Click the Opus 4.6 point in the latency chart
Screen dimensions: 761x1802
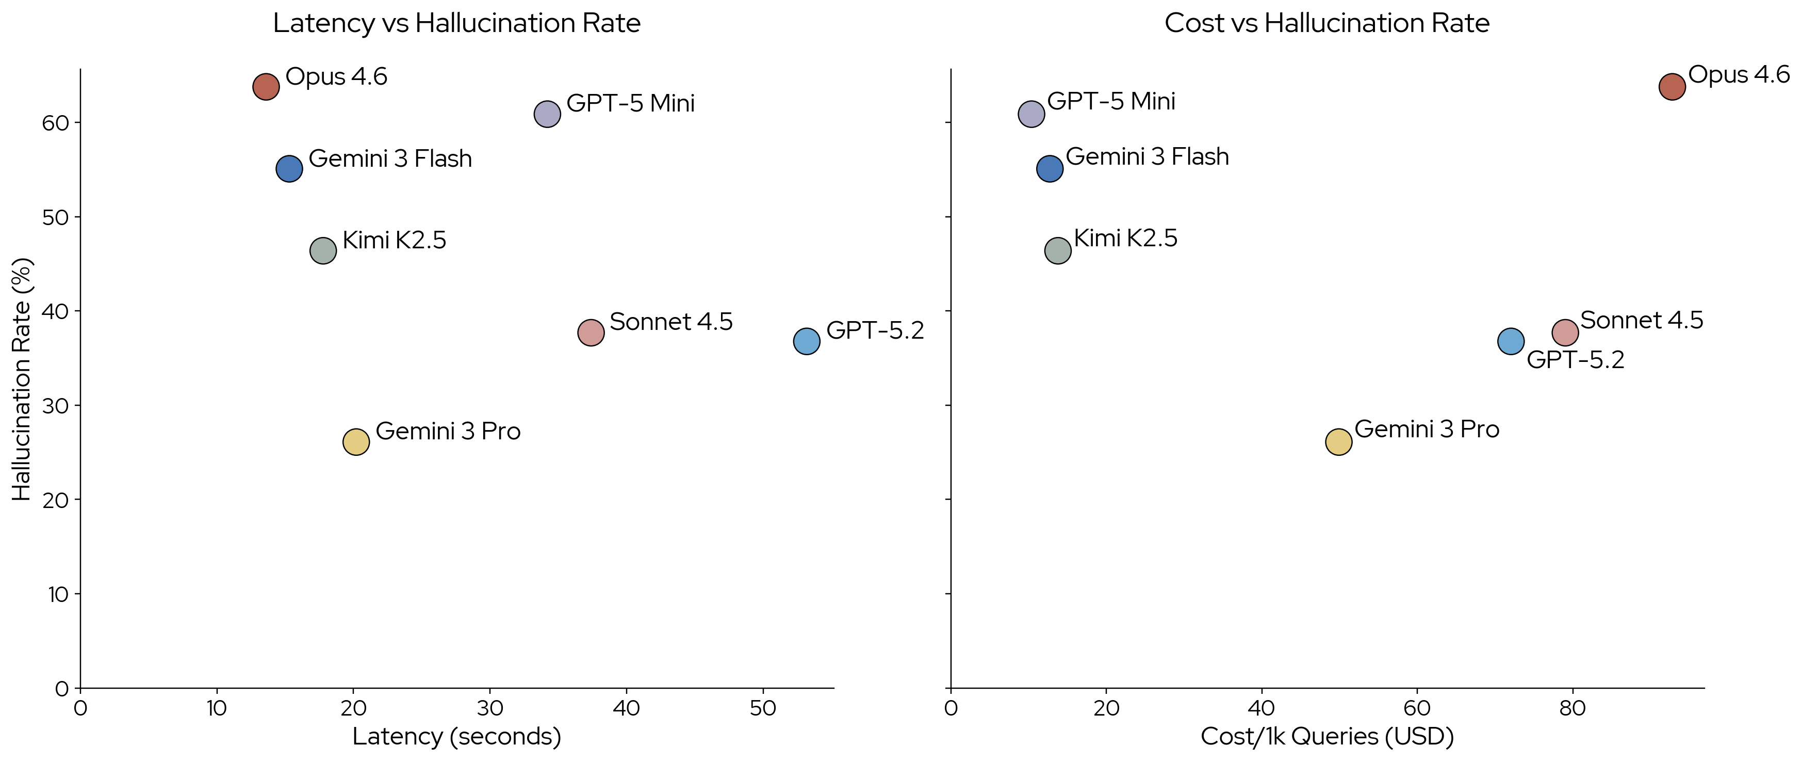[x=266, y=87]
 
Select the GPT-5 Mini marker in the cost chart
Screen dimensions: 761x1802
[x=1031, y=114]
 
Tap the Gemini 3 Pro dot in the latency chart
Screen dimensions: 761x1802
[x=356, y=442]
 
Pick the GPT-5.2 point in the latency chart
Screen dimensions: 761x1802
[x=807, y=342]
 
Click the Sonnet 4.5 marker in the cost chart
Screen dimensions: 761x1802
[x=1565, y=332]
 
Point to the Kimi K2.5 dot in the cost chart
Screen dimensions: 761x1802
[x=1058, y=250]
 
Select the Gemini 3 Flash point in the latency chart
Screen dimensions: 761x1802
[x=289, y=169]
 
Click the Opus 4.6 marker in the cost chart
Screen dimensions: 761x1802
[x=1672, y=87]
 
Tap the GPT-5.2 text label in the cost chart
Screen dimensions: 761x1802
[x=1576, y=360]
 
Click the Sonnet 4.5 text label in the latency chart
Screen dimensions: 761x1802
[x=671, y=322]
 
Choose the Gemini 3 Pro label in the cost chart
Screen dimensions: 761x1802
[x=1427, y=429]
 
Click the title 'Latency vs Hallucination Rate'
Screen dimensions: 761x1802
[x=457, y=23]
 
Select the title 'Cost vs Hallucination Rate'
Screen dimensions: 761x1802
[x=1327, y=23]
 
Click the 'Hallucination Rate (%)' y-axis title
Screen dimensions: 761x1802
[x=22, y=379]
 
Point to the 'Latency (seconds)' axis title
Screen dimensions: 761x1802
[x=457, y=737]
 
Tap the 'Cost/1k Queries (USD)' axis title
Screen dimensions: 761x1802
[x=1327, y=737]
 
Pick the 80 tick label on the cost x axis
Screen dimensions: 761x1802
[x=1572, y=708]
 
